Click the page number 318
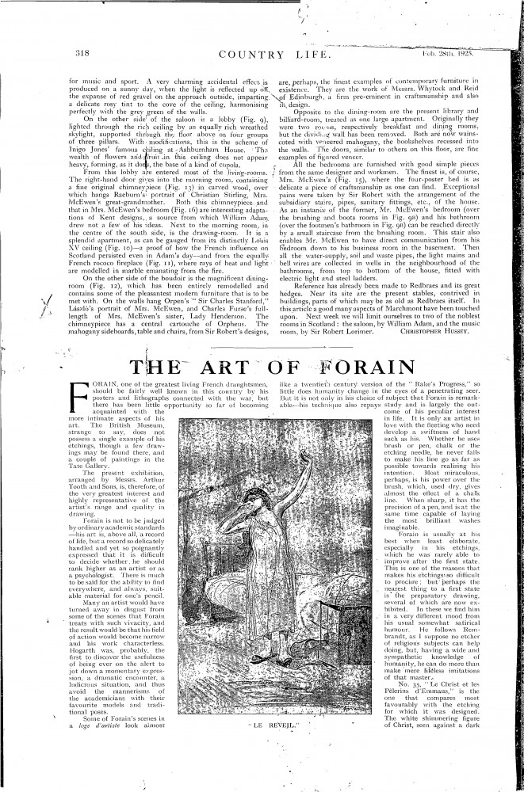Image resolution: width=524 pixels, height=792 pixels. click(x=80, y=54)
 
